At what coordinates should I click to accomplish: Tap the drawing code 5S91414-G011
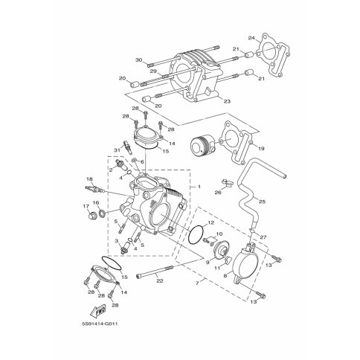click(100, 324)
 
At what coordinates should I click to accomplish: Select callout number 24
click(251, 38)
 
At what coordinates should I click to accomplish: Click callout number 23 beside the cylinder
click(227, 101)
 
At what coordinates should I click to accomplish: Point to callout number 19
click(261, 149)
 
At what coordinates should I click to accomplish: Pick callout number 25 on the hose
click(262, 202)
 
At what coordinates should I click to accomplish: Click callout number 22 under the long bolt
click(160, 281)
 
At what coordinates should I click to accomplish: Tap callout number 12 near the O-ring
click(210, 222)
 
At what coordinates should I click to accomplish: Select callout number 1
click(199, 187)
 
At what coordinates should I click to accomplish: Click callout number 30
click(139, 60)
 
